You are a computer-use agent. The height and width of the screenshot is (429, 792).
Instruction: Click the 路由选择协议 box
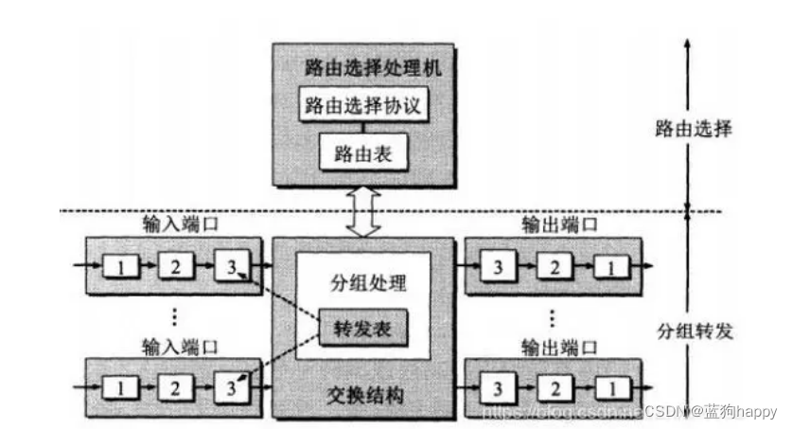361,105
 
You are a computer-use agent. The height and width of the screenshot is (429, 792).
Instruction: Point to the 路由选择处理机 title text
361,68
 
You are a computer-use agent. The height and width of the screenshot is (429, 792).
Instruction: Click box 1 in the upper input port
121,266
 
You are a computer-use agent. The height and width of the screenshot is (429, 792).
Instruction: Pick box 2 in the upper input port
176,266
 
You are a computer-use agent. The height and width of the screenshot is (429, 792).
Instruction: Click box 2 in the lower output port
553,387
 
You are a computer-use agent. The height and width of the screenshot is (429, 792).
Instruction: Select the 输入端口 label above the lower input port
177,344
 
